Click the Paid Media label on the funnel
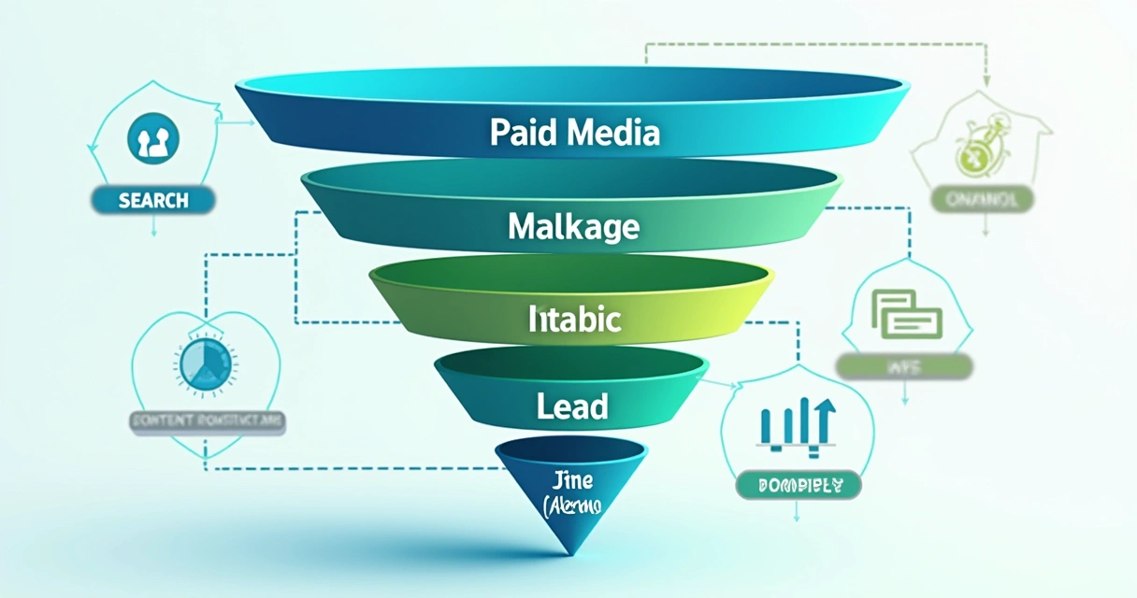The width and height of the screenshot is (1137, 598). (574, 132)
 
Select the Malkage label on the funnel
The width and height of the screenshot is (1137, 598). (573, 226)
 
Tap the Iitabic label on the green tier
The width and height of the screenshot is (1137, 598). (574, 320)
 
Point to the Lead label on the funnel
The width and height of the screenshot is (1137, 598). (573, 406)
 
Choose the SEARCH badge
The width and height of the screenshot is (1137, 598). (153, 200)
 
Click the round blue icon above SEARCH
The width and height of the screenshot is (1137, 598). (153, 141)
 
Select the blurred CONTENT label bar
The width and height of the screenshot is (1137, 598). (206, 421)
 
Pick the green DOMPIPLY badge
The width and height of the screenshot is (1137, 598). (798, 486)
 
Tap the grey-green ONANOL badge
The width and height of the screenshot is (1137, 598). (982, 198)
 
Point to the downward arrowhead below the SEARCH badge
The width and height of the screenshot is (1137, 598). (153, 231)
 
